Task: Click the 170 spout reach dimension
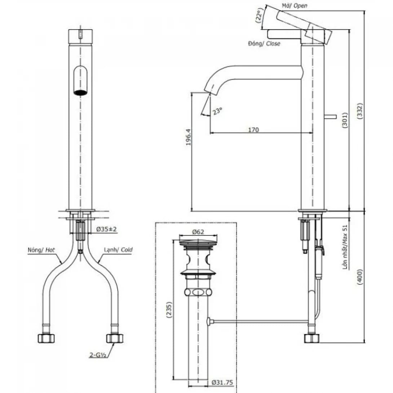tap(253, 129)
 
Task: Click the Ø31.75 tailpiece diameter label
tap(223, 382)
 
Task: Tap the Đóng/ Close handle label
tap(264, 44)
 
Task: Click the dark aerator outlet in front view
tap(81, 92)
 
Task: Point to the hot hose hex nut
tap(46, 338)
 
